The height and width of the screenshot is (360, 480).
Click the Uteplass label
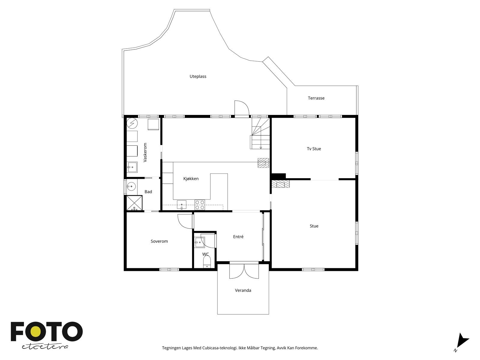(198, 76)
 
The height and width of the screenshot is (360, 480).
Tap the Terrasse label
(316, 98)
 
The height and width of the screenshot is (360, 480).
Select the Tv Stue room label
(314, 148)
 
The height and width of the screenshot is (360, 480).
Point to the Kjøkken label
(191, 178)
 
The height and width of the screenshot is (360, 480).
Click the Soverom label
(159, 241)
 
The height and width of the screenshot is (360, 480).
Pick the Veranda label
(243, 290)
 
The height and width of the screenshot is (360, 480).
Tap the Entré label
(238, 236)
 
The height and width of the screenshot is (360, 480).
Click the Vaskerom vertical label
(145, 152)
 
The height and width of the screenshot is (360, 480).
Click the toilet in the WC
(207, 262)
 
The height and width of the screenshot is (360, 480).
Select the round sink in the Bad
(131, 187)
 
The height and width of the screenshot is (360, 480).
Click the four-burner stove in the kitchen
(200, 205)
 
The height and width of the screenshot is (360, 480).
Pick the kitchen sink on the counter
(181, 205)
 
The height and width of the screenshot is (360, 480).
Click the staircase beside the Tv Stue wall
(260, 133)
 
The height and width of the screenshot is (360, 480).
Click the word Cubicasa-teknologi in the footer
(220, 348)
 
